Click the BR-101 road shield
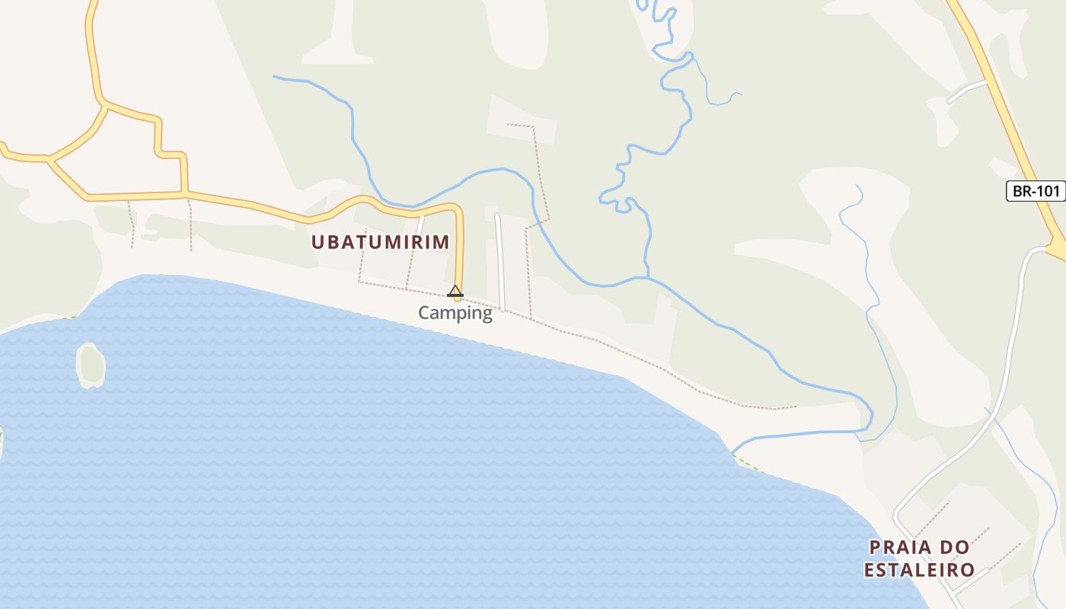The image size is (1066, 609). point(1036,191)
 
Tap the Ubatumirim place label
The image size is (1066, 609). point(380,242)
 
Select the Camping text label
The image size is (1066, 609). point(455,313)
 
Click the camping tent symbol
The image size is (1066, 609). point(455,290)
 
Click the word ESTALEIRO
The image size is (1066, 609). point(919,569)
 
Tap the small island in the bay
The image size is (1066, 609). point(91,365)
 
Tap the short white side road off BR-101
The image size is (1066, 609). point(967,91)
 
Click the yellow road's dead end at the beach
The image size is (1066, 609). point(458,298)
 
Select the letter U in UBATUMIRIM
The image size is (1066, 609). point(318,242)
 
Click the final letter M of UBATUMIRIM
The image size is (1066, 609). point(442,242)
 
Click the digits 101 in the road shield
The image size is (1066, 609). point(1047,191)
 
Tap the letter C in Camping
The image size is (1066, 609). point(424,313)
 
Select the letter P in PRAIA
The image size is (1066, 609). point(876,547)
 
